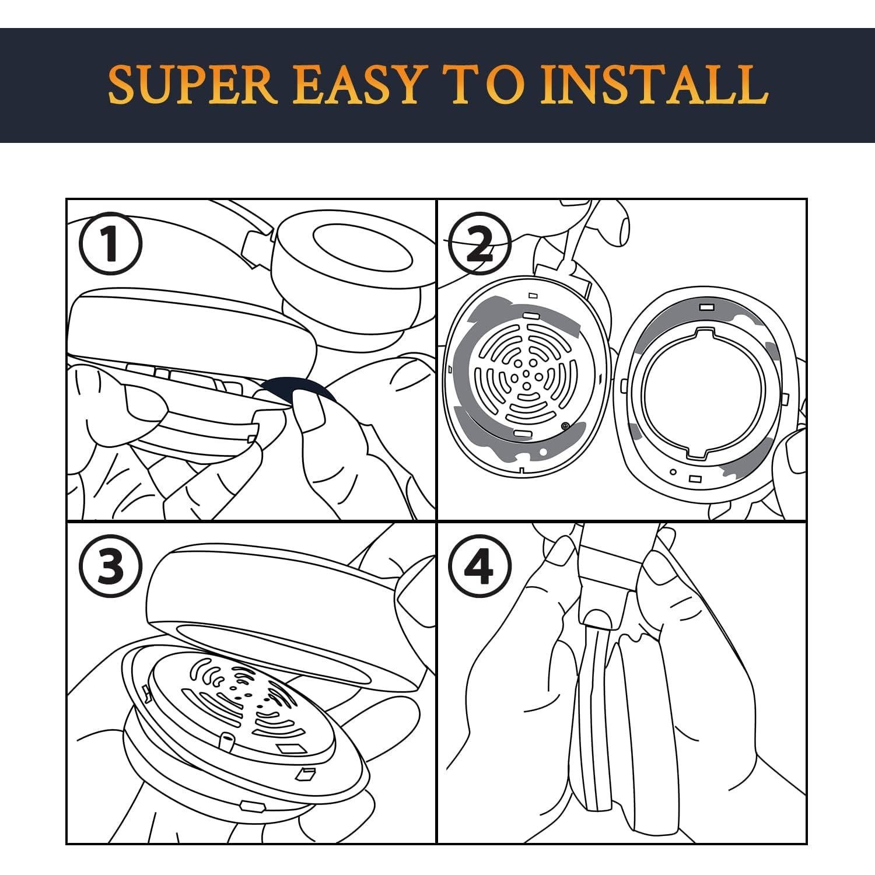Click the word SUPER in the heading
pos(192,85)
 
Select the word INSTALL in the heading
pos(654,85)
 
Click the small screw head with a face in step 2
pos(565,426)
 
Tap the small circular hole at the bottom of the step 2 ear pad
pos(673,471)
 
